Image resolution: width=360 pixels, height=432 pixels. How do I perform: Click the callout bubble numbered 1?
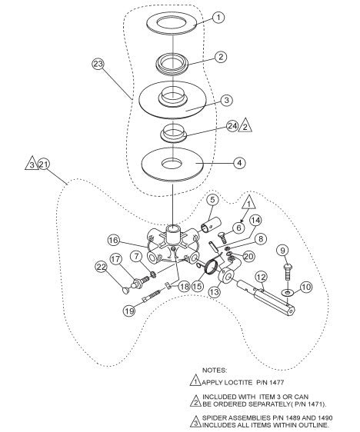(x=218, y=18)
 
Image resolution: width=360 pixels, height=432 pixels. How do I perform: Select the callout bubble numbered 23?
(x=98, y=64)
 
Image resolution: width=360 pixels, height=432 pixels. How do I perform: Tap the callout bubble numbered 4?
(x=239, y=163)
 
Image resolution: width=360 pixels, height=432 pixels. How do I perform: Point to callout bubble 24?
(x=232, y=126)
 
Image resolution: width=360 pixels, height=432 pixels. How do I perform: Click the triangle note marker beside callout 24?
(x=245, y=125)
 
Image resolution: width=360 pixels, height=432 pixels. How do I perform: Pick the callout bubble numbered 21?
(x=44, y=164)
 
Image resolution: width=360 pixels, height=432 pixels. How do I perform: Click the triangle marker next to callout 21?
(x=32, y=164)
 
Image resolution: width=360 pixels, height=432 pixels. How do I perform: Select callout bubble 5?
(x=212, y=200)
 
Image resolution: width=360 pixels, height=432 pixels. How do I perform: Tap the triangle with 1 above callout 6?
(x=248, y=202)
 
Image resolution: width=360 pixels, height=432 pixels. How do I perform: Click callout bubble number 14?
(x=255, y=220)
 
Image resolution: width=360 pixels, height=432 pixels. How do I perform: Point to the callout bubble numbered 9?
(x=283, y=250)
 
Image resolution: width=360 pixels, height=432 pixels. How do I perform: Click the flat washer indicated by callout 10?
(x=288, y=291)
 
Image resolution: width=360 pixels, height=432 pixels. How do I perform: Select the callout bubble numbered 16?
(x=113, y=241)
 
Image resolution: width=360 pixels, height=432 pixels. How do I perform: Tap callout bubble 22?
(x=102, y=267)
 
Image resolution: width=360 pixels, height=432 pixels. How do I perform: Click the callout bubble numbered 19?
(x=129, y=311)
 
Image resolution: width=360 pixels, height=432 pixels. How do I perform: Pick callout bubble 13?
(x=214, y=292)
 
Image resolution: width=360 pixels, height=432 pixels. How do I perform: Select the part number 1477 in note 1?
(x=276, y=382)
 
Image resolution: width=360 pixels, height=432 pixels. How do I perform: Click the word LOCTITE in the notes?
(x=238, y=382)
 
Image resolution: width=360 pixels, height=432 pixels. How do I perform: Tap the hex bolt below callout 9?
(x=287, y=271)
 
